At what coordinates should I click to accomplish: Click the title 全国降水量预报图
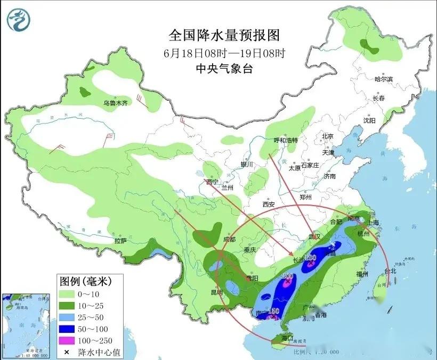pos(224,36)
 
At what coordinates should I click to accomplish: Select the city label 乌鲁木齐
pos(116,103)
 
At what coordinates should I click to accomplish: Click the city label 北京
pos(327,136)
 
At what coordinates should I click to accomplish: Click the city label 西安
pos(268,204)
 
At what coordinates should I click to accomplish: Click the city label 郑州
pos(306,197)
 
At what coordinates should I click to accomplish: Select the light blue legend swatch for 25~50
pos(67,317)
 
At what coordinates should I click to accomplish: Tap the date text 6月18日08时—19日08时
pos(224,53)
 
